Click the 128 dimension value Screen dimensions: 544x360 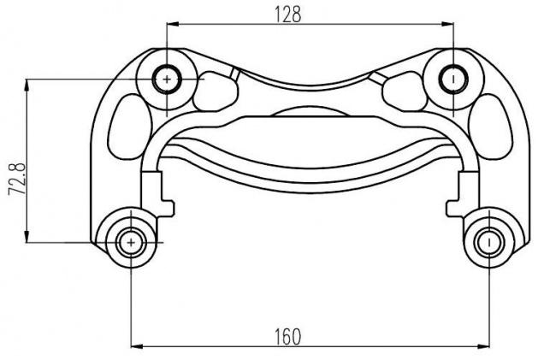(287, 15)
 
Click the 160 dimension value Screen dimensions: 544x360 (287, 337)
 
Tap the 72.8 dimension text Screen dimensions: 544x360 (18, 179)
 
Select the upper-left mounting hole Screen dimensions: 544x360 (168, 80)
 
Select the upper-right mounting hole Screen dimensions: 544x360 (453, 80)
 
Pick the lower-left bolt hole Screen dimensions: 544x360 (131, 242)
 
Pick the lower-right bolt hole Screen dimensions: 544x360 (489, 242)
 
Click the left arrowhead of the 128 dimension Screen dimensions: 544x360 (173, 24)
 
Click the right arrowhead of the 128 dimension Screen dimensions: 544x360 (447, 24)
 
